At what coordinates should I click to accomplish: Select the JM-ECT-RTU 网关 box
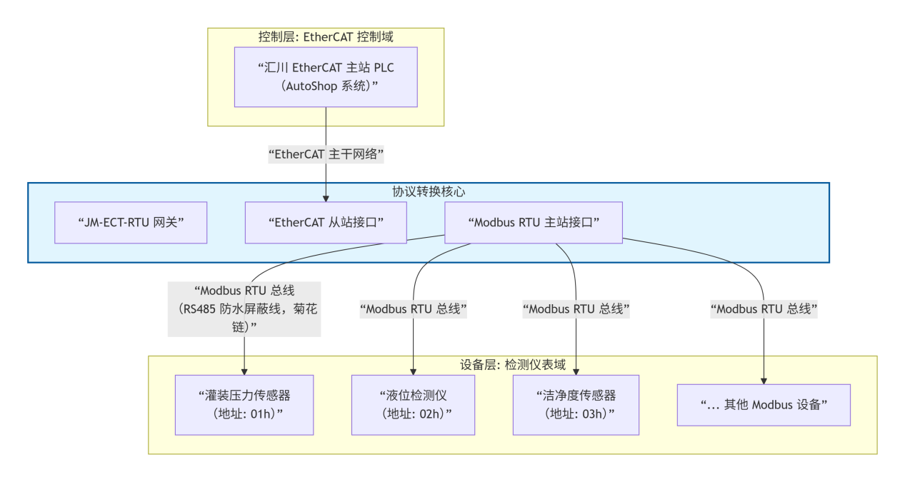131,222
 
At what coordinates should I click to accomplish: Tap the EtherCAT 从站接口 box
326,222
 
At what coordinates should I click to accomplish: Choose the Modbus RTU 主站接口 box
533,222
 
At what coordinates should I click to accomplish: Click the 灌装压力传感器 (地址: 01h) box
244,405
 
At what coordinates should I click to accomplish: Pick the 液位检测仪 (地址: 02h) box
413,405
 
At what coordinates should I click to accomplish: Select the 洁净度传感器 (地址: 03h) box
576,405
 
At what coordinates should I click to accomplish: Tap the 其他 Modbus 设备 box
764,405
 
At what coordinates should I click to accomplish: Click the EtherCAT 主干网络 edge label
326,154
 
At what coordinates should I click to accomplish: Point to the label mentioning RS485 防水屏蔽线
244,309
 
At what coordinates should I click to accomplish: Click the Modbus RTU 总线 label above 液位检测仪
413,309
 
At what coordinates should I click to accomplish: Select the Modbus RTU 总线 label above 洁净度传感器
576,309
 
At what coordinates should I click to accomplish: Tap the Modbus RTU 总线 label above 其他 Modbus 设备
764,309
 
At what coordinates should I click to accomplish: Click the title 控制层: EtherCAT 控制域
326,36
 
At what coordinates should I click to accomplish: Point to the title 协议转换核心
429,191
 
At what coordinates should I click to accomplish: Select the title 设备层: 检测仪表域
512,365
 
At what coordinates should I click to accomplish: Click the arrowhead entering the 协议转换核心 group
326,198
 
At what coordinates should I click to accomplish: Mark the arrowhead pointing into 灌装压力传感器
244,371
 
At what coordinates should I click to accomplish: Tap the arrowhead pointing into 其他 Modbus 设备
764,380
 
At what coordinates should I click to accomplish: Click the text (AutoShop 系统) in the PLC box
326,86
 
